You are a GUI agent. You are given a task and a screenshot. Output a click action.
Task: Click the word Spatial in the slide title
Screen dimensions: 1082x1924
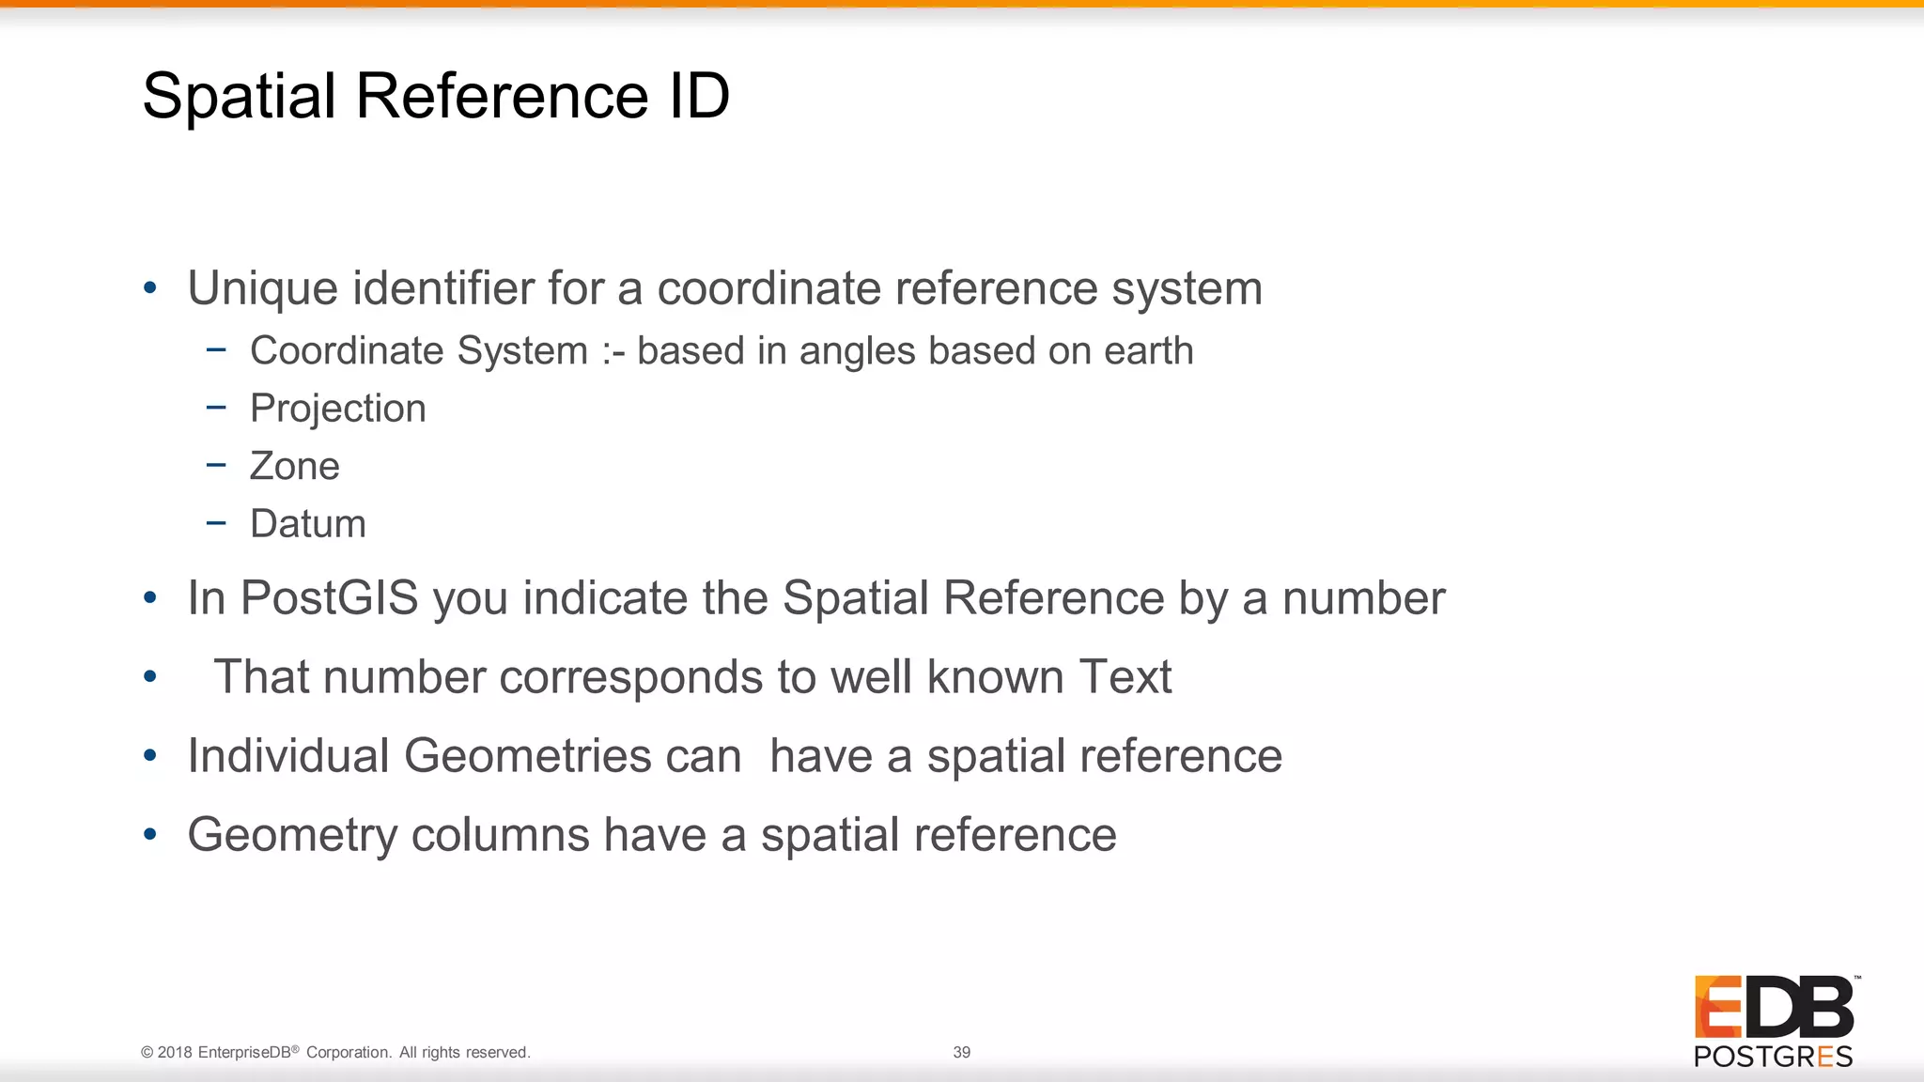point(239,96)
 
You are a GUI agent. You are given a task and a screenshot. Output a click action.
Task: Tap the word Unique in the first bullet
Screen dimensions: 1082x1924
point(262,287)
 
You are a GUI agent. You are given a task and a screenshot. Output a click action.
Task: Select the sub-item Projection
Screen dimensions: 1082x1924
point(338,409)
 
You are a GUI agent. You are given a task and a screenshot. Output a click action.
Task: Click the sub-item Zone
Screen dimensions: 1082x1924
point(294,466)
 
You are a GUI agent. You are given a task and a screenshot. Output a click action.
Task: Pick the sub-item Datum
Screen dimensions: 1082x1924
point(308,523)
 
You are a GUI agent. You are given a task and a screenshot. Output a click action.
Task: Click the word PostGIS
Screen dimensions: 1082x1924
point(329,598)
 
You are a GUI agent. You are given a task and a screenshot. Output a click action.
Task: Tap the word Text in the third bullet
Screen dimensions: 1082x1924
point(1125,676)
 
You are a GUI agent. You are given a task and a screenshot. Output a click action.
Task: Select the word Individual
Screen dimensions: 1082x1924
point(288,755)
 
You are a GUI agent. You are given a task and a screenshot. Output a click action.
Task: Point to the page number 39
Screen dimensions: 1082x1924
point(962,1052)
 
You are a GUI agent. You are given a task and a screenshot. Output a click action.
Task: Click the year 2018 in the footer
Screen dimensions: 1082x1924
point(175,1052)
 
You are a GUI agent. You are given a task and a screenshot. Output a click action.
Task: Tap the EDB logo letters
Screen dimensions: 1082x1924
point(1774,1007)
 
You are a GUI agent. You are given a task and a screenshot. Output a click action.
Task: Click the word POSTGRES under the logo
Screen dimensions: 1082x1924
point(1774,1057)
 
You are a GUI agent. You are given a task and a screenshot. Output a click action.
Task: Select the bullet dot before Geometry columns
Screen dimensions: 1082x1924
point(150,834)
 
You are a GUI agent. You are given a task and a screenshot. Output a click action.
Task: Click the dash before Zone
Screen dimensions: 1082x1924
point(216,465)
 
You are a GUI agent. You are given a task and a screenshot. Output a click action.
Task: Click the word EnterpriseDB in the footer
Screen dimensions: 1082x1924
point(244,1052)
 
